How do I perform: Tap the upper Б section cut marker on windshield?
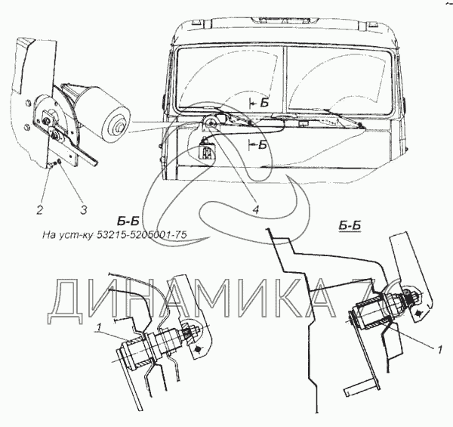point(261,100)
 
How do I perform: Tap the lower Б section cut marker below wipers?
point(261,144)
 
